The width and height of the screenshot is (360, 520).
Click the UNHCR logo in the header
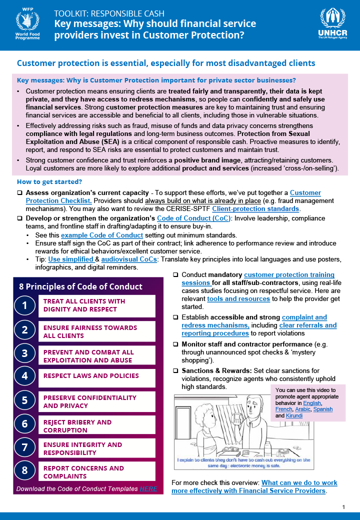click(x=332, y=25)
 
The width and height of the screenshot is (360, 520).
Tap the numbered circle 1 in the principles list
click(x=24, y=305)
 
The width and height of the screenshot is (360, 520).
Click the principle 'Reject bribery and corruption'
click(x=77, y=426)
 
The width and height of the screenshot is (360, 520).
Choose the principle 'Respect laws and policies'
click(x=91, y=375)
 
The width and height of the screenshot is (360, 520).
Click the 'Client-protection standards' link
click(x=255, y=209)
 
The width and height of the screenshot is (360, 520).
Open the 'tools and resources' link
click(x=238, y=298)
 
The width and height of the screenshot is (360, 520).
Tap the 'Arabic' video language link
click(x=302, y=409)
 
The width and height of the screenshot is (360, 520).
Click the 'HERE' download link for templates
click(x=148, y=488)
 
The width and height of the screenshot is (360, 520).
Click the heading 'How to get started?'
click(x=49, y=181)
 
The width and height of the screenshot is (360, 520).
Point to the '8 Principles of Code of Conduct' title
click(x=80, y=286)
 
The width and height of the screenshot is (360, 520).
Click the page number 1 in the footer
click(x=343, y=507)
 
